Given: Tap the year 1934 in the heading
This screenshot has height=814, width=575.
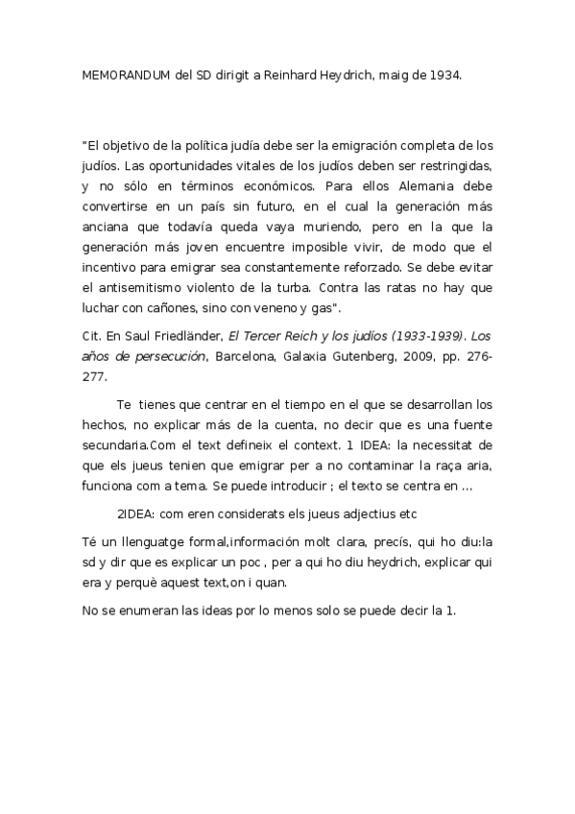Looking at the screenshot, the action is pos(443,74).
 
